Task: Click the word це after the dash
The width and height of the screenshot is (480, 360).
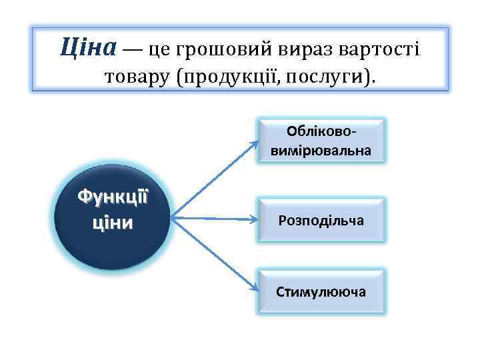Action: tap(157, 49)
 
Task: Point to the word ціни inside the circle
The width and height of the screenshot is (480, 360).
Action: tap(112, 221)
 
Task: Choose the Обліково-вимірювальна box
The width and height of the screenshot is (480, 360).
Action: tap(321, 141)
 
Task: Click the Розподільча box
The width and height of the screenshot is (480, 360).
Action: tap(321, 219)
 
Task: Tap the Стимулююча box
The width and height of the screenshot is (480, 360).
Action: tap(321, 291)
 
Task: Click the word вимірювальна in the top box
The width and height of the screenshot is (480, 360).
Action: tap(321, 151)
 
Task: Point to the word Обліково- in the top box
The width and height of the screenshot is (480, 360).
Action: tap(321, 131)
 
